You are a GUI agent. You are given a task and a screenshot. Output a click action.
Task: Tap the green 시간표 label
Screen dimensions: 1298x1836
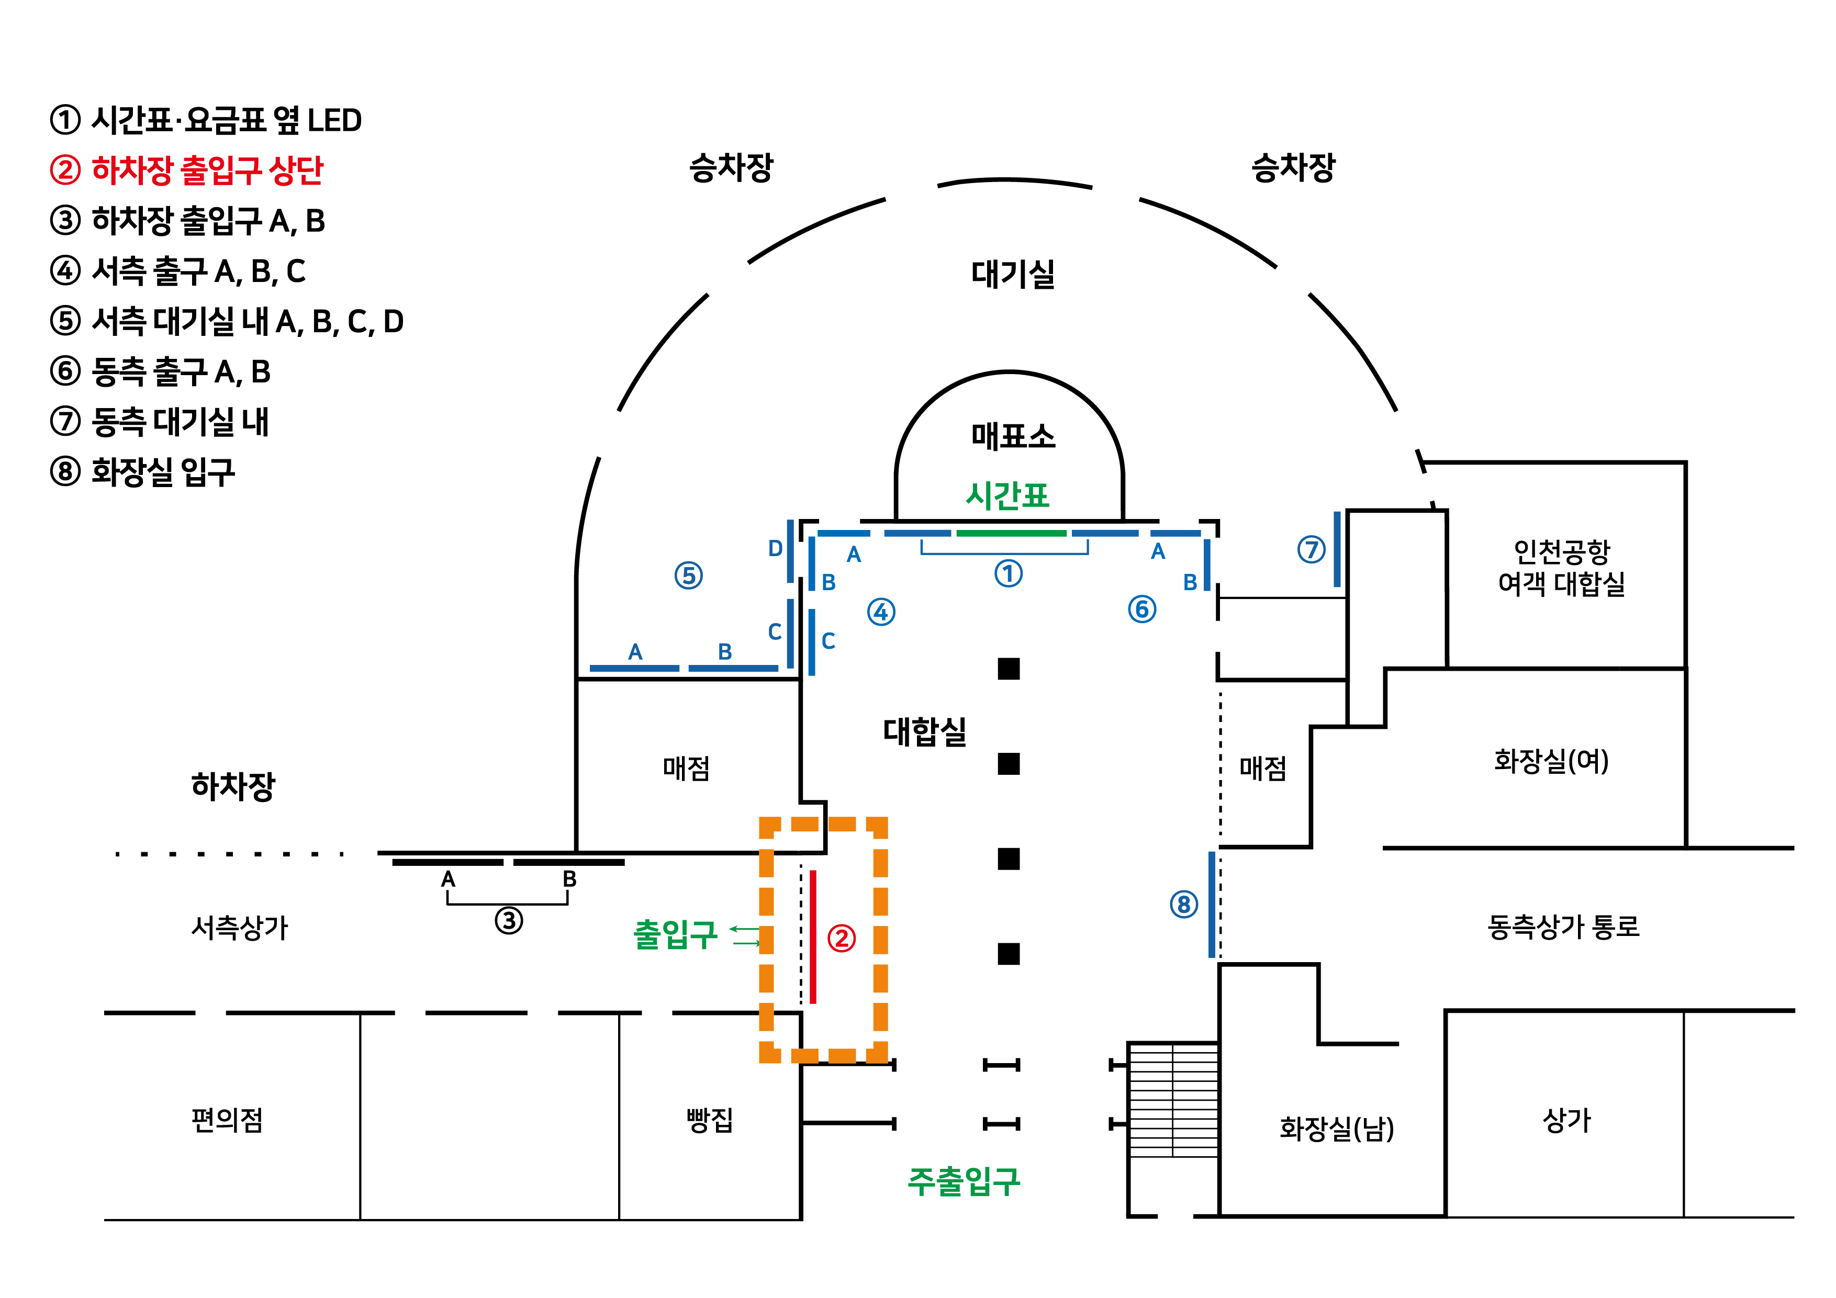click(x=1007, y=495)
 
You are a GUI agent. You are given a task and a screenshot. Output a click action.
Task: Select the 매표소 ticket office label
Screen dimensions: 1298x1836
click(x=1012, y=436)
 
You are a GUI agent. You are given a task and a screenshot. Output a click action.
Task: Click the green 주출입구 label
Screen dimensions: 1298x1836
click(x=964, y=1180)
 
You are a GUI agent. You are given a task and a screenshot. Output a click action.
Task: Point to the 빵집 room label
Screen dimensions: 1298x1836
click(x=709, y=1119)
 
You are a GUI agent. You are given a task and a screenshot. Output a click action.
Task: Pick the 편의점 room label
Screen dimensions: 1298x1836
click(x=227, y=1119)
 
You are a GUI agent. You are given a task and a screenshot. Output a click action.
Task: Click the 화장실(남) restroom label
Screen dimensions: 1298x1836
click(x=1336, y=1128)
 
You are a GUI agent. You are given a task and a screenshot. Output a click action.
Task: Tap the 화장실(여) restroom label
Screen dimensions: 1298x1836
click(x=1551, y=760)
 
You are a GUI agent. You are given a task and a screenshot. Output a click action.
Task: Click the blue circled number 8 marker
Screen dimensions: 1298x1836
click(x=1183, y=905)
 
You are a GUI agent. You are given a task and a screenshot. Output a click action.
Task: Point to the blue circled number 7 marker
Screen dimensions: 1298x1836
click(x=1311, y=549)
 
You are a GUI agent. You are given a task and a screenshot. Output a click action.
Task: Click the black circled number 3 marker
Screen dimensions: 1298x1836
click(x=509, y=920)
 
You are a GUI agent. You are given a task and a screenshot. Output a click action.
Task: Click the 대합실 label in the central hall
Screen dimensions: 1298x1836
click(x=924, y=730)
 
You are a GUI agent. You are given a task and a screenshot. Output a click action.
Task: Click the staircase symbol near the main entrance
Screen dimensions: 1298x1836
click(x=1172, y=1100)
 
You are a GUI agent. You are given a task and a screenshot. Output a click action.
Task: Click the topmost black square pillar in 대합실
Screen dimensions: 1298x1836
click(x=1009, y=668)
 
